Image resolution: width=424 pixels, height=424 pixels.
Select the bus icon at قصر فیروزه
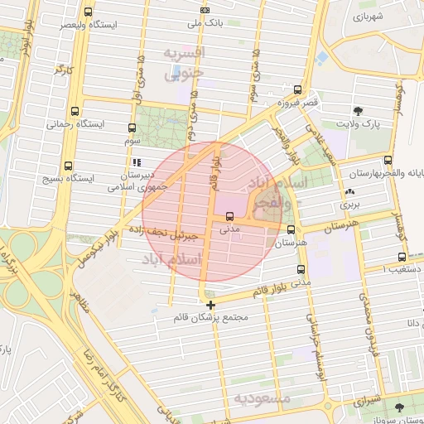(x=297, y=89)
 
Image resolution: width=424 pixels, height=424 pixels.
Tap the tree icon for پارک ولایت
(x=357, y=110)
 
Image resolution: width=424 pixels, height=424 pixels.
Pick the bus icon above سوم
(x=132, y=128)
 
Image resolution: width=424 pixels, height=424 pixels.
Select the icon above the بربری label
(x=349, y=191)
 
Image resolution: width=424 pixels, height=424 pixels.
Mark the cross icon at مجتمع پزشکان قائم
(x=210, y=306)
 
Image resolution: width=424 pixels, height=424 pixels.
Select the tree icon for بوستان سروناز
(x=400, y=407)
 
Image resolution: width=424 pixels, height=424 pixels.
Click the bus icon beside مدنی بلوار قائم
(x=300, y=269)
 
